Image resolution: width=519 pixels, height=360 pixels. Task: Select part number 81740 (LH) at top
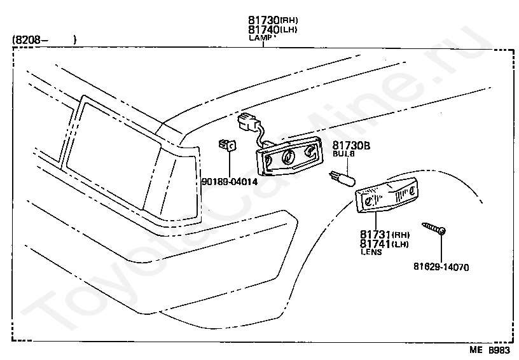click(x=272, y=30)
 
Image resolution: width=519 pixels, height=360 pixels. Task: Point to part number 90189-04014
click(x=229, y=182)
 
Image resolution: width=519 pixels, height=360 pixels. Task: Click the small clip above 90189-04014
click(x=228, y=146)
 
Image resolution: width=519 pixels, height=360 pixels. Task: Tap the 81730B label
click(x=351, y=146)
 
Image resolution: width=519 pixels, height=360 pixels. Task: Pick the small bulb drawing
click(x=340, y=177)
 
